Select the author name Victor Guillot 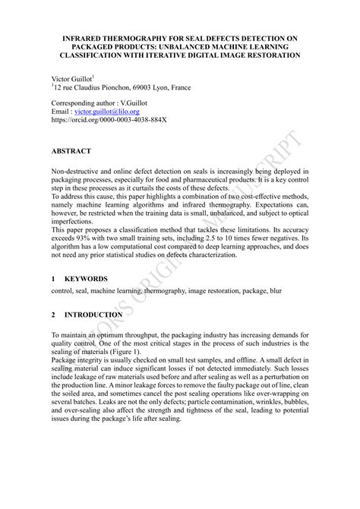71,78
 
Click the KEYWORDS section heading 87,280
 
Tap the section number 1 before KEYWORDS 53,280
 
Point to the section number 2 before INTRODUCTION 53,314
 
